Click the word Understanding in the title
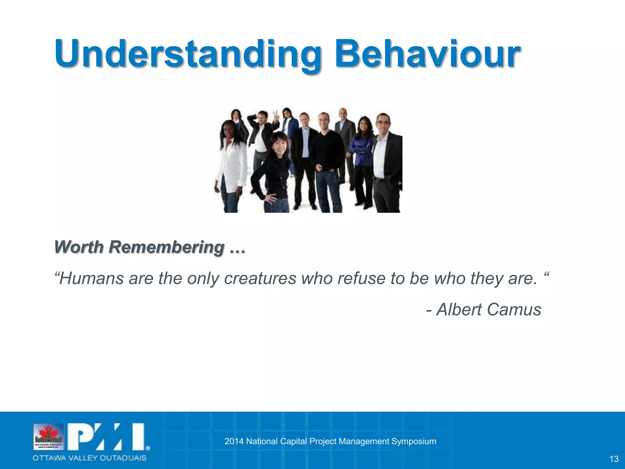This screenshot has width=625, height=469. point(188,54)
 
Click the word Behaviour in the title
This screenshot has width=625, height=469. point(427,54)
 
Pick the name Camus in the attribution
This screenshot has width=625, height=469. point(514,309)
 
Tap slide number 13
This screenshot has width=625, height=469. point(614,459)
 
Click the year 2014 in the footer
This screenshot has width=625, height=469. point(234,441)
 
